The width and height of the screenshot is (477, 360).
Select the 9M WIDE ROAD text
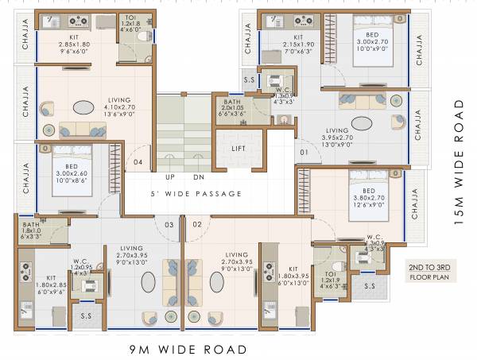187,349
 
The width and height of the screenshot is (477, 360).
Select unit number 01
304,151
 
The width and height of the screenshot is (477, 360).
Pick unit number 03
169,225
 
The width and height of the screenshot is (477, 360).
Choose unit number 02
196,225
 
